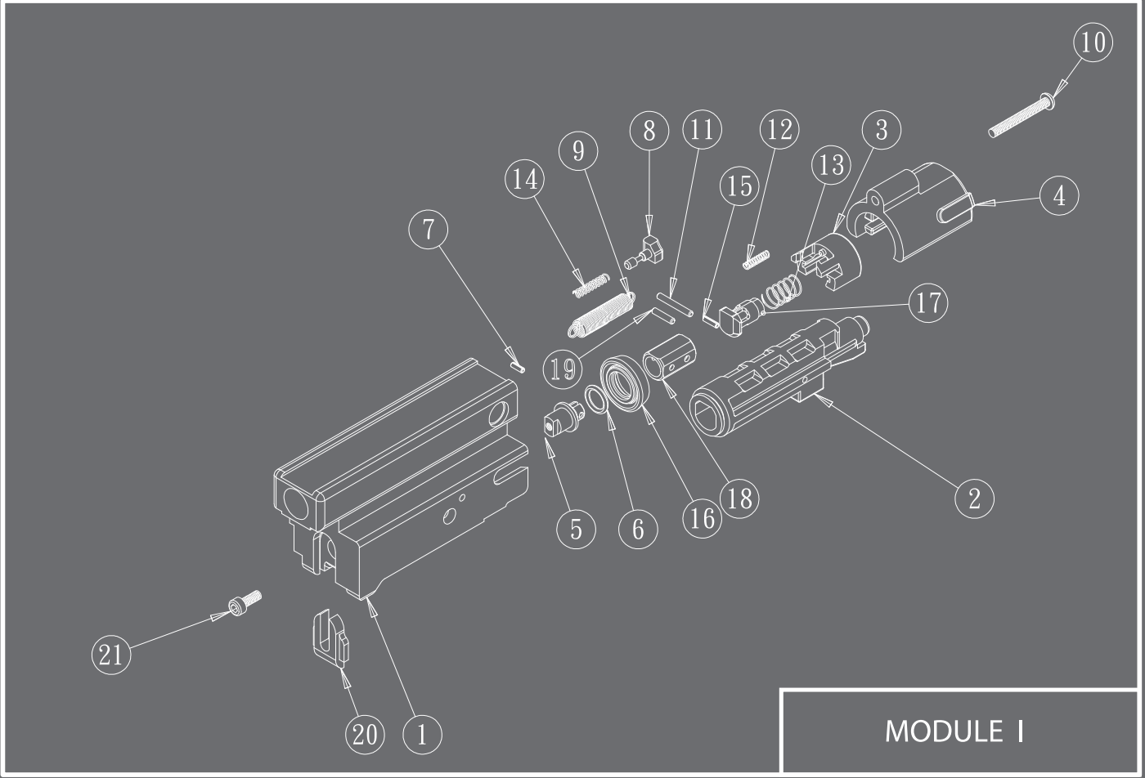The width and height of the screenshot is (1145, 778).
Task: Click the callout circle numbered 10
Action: click(x=1093, y=42)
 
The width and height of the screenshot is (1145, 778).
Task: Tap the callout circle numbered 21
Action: click(x=111, y=655)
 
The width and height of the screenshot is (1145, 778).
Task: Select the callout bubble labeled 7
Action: click(x=429, y=230)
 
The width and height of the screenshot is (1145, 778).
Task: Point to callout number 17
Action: click(x=928, y=303)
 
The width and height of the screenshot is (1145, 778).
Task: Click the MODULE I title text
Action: click(x=954, y=731)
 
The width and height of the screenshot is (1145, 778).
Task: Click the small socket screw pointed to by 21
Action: click(x=245, y=603)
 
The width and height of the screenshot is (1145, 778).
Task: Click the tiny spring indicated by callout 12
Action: click(x=756, y=260)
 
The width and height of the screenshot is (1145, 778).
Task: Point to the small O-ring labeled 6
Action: click(x=597, y=400)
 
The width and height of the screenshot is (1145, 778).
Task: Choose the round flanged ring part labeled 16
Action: click(x=625, y=382)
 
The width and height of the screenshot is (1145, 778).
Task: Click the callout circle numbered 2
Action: click(x=974, y=499)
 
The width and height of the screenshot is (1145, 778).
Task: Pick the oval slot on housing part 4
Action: click(x=954, y=211)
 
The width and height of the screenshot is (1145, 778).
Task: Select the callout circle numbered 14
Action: click(x=525, y=179)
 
